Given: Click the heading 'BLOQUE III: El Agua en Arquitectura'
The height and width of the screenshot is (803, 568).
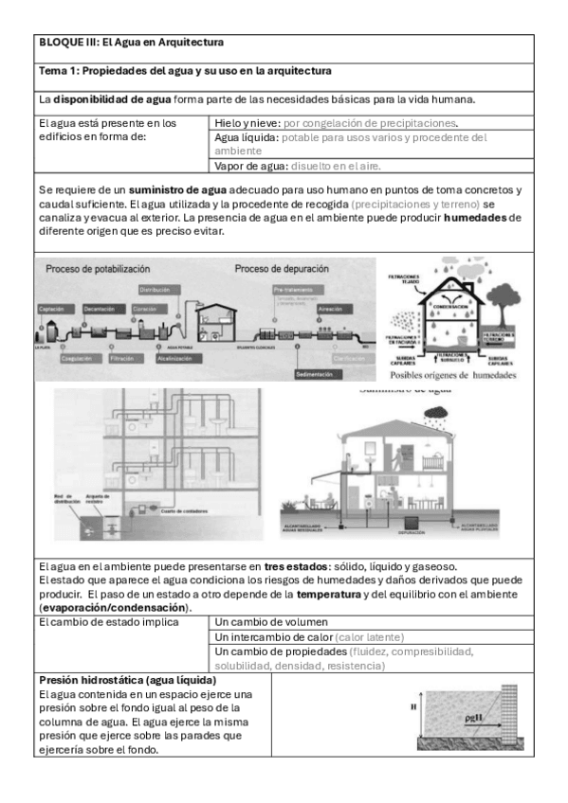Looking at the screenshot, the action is (x=131, y=43).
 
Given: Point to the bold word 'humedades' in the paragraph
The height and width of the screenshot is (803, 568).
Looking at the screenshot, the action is (x=478, y=217).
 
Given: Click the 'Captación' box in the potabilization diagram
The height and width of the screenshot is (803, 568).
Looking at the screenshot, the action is (x=51, y=309).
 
